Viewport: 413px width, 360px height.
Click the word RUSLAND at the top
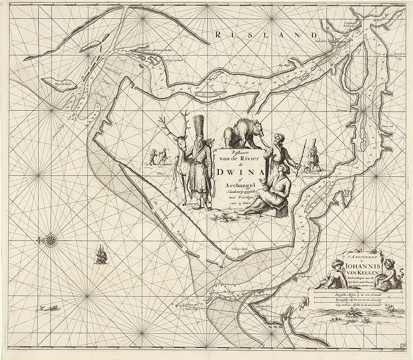click(266, 35)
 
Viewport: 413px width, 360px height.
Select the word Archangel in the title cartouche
click(236, 185)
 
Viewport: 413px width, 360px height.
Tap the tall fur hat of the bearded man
click(199, 126)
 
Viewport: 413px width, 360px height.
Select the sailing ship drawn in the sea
click(101, 255)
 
